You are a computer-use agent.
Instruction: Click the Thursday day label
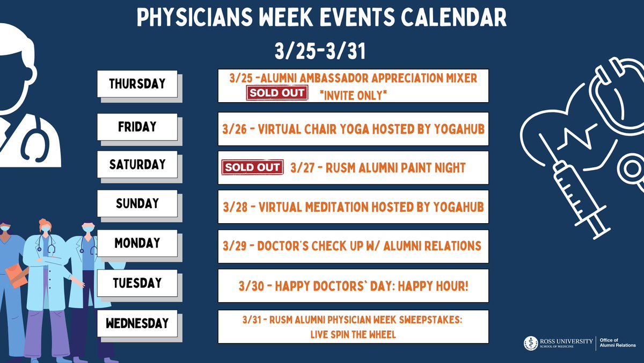pyautogui.click(x=137, y=84)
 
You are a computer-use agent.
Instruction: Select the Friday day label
pyautogui.click(x=137, y=127)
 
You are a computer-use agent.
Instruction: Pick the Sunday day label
pyautogui.click(x=137, y=203)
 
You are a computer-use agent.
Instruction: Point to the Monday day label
pyautogui.click(x=137, y=243)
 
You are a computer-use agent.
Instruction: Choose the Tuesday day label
pyautogui.click(x=137, y=283)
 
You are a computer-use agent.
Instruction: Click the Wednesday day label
pyautogui.click(x=137, y=323)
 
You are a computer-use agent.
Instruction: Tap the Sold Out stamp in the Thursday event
pyautogui.click(x=276, y=93)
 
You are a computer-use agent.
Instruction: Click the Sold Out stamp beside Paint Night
pyautogui.click(x=252, y=167)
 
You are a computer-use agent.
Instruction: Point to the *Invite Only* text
pyautogui.click(x=353, y=95)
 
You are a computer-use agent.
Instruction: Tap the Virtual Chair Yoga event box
pyautogui.click(x=353, y=129)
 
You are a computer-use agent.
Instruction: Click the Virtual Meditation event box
pyautogui.click(x=353, y=207)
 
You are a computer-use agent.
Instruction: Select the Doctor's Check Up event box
pyautogui.click(x=353, y=246)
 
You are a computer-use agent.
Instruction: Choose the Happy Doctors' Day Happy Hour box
pyautogui.click(x=353, y=286)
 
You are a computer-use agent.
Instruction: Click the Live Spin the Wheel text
pyautogui.click(x=353, y=334)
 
